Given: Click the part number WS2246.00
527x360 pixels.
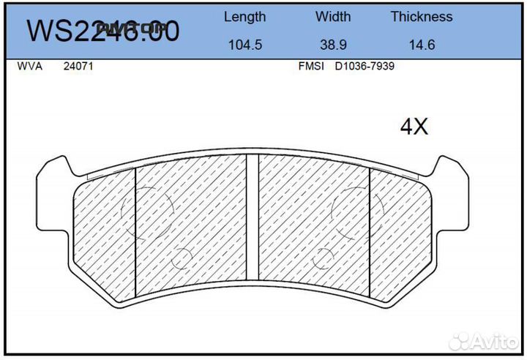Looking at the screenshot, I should (x=102, y=31).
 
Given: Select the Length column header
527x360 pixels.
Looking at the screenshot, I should (x=244, y=17).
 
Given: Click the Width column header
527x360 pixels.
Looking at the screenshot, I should (x=333, y=17).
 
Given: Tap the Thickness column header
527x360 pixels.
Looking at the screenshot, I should (x=421, y=17).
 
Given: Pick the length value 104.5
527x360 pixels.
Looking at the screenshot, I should (x=244, y=45).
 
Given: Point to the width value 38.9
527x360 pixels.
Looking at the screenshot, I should (x=333, y=45).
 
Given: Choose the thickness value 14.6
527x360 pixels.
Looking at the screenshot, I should (x=421, y=45).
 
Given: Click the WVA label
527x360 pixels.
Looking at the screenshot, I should (x=29, y=66).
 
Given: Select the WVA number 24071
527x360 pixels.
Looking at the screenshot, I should (x=78, y=66).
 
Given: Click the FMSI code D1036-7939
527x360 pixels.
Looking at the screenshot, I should (x=365, y=66).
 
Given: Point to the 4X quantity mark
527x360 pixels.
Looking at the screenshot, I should (x=414, y=127).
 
